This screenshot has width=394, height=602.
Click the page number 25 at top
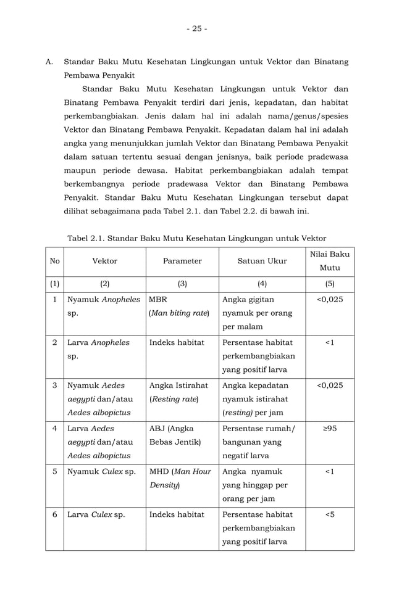click(198, 29)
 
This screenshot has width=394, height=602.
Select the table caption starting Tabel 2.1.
click(196, 238)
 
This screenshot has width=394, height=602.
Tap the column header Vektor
click(104, 261)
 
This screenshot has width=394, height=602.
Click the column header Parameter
click(182, 261)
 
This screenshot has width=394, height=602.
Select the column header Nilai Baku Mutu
click(329, 261)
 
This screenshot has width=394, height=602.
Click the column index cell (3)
click(182, 284)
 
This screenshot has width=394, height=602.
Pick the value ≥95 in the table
click(329, 429)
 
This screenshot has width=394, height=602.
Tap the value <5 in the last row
click(329, 514)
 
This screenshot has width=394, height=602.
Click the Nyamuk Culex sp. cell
click(102, 472)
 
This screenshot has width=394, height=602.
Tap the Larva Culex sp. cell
click(93, 514)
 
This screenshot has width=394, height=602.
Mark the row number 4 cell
click(54, 429)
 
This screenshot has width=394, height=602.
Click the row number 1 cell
click(54, 300)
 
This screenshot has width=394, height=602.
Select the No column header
click(54, 261)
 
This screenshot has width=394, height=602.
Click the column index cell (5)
click(329, 284)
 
